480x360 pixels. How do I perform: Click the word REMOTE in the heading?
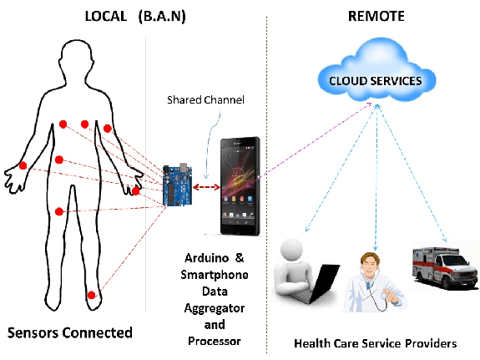tap(376, 16)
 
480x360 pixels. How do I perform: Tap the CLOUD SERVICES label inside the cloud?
tap(376, 81)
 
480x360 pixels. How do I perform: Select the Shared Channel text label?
tap(205, 100)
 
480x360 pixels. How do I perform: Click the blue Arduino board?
tap(178, 185)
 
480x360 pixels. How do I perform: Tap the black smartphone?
tap(240, 186)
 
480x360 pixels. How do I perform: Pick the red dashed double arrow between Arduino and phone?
tap(206, 186)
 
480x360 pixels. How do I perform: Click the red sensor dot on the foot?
tap(91, 295)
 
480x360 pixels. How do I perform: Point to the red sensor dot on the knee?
tap(59, 211)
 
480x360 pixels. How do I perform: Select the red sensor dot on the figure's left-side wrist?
tap(23, 165)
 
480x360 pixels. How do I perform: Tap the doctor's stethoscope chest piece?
tap(385, 296)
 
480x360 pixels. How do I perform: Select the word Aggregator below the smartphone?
tap(215, 308)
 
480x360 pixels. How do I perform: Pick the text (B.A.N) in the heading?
tap(162, 17)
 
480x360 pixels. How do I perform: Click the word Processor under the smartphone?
tap(215, 341)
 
